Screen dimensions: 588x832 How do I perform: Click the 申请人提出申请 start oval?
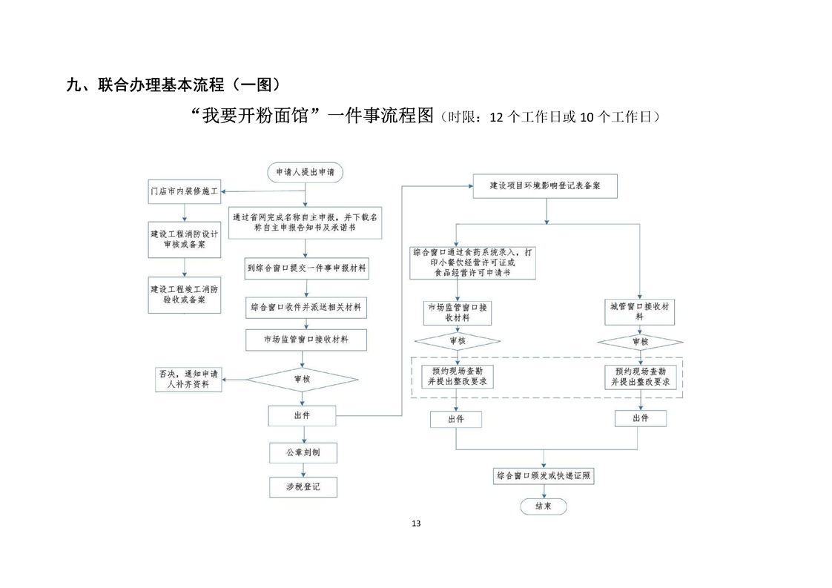pyautogui.click(x=304, y=172)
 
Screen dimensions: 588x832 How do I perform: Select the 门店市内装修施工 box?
pyautogui.click(x=184, y=191)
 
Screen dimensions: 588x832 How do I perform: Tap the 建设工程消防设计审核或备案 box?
pyautogui.click(x=184, y=239)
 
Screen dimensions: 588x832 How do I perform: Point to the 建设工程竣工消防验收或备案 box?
pyautogui.click(x=184, y=294)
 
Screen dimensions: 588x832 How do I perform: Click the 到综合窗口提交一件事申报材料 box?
pyautogui.click(x=306, y=267)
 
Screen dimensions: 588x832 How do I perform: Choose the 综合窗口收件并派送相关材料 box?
pyautogui.click(x=306, y=305)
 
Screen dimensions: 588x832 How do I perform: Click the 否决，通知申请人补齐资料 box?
pyautogui.click(x=188, y=379)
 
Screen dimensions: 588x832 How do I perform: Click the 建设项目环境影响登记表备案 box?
pyautogui.click(x=545, y=185)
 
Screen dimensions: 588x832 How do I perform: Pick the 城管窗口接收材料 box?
pyautogui.click(x=640, y=311)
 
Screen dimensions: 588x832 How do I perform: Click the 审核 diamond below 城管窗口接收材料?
pyautogui.click(x=640, y=342)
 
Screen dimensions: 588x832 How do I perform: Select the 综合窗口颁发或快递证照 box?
pyautogui.click(x=544, y=475)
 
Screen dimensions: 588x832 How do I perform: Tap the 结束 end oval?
pyautogui.click(x=543, y=506)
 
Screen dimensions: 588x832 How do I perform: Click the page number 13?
pyautogui.click(x=415, y=523)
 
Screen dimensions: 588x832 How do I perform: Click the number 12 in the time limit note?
pyautogui.click(x=496, y=117)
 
